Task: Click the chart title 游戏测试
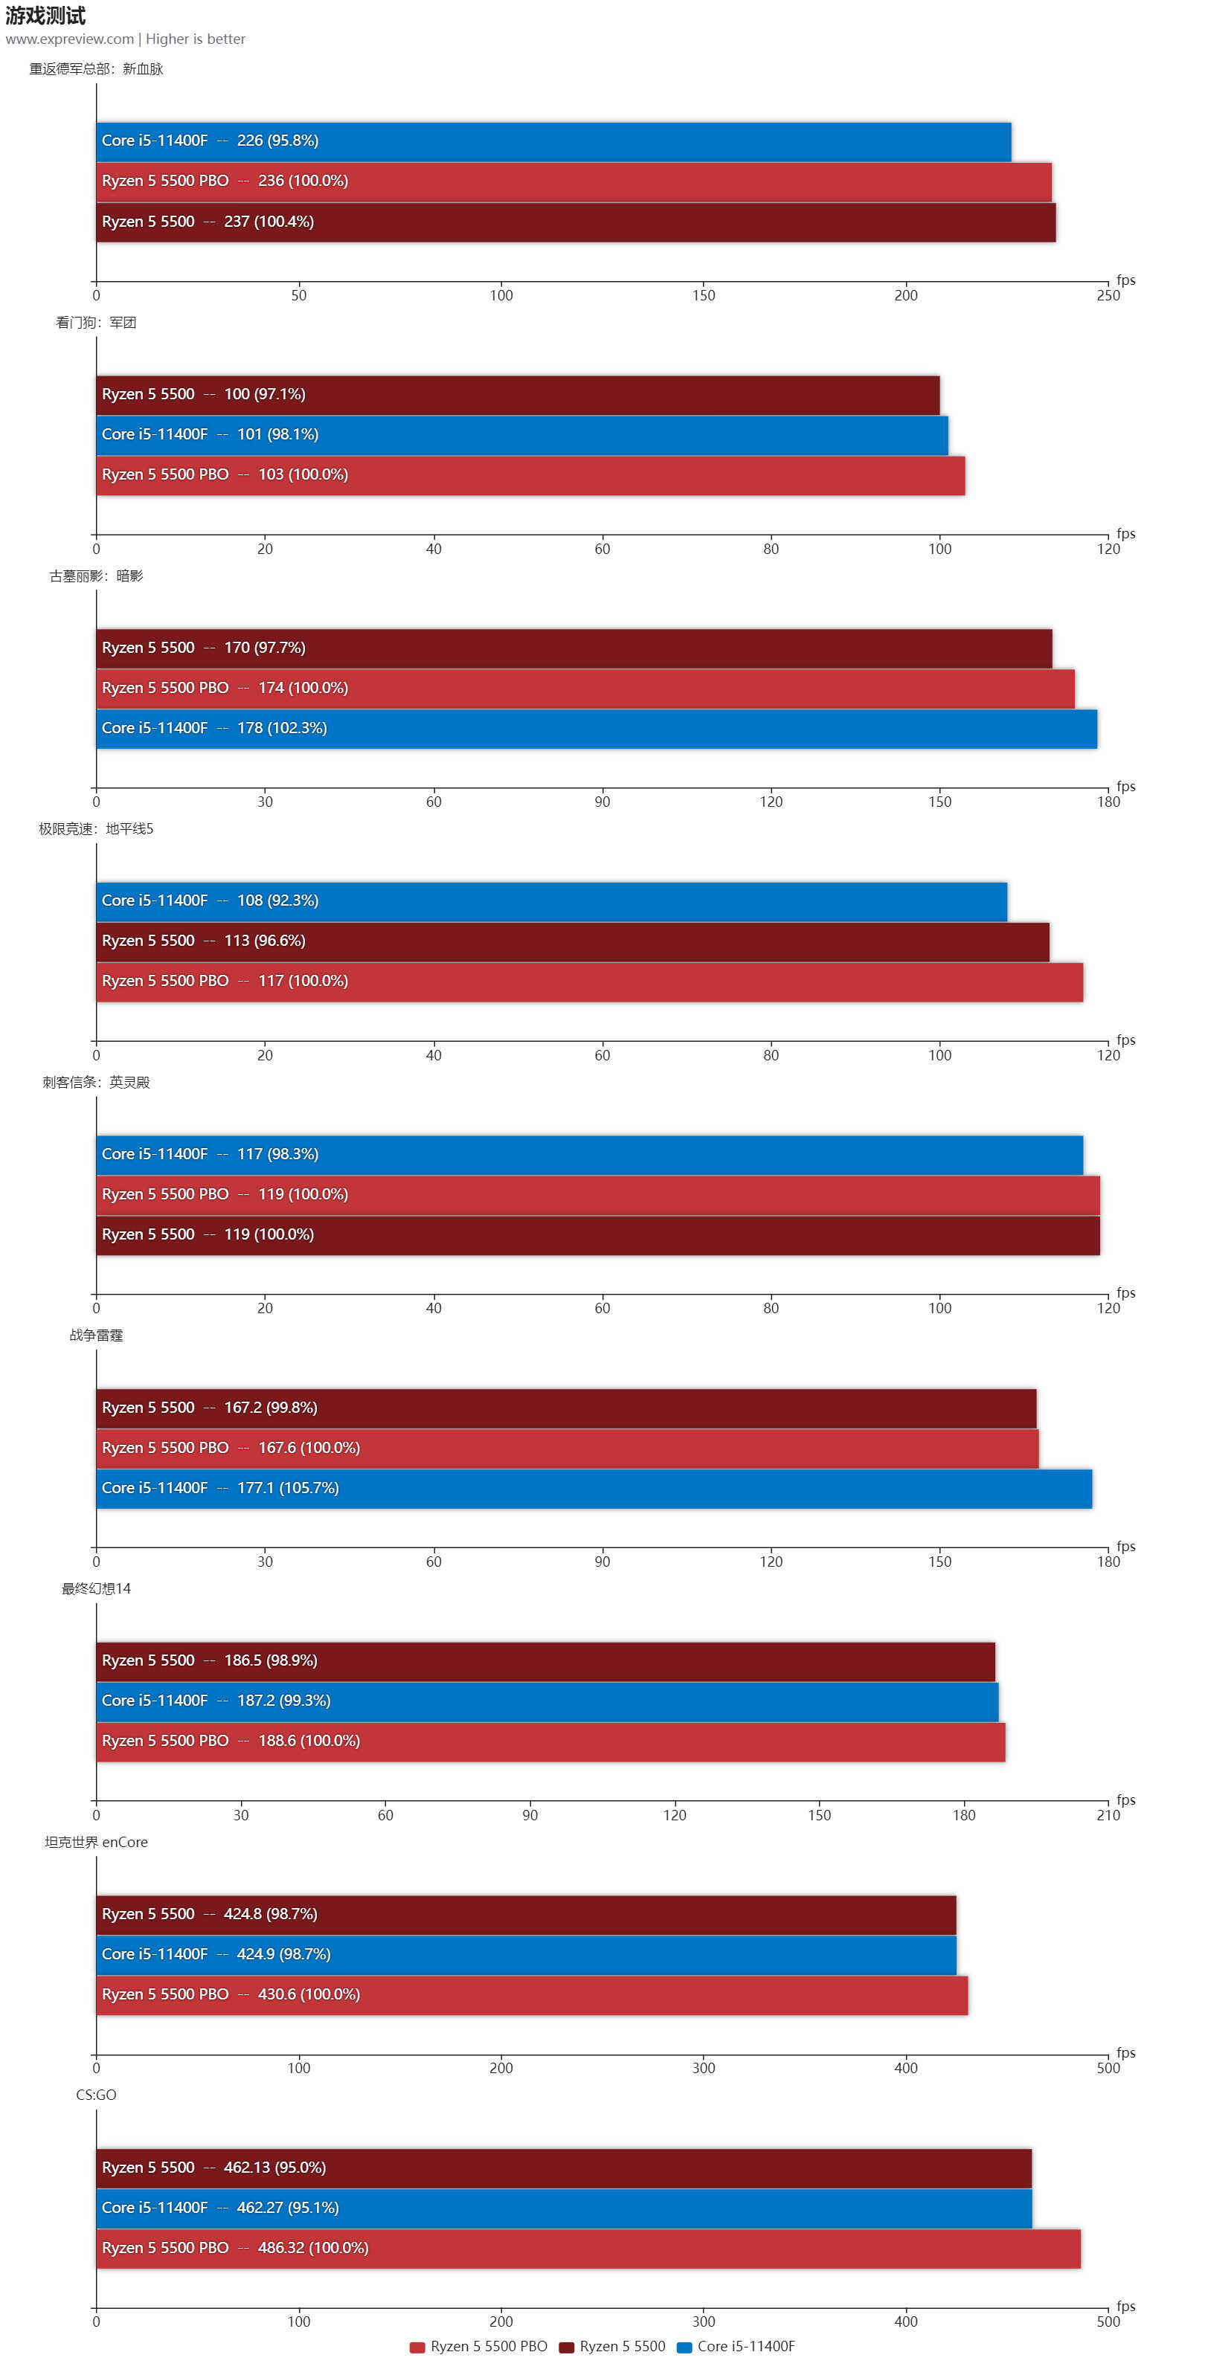(x=45, y=16)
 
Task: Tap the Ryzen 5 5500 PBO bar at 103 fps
(x=530, y=475)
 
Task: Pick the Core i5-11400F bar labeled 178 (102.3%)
(x=596, y=729)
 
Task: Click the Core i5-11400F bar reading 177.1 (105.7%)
(x=593, y=1488)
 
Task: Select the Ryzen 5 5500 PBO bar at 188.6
(x=550, y=1741)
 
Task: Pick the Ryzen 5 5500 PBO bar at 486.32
(x=588, y=2248)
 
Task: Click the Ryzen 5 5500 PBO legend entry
(x=478, y=2346)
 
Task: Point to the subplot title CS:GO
(x=96, y=2095)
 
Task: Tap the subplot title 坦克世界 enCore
(x=96, y=1842)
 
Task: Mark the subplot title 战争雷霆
(x=96, y=1335)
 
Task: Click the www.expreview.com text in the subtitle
(x=69, y=39)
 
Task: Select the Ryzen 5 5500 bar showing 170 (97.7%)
(x=573, y=648)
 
